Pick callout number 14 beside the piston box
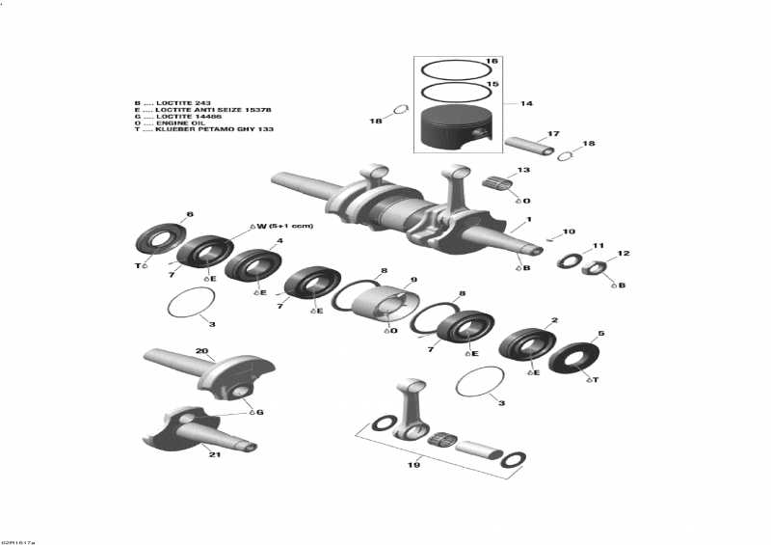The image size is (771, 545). tap(525, 103)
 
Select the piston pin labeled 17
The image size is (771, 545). tap(529, 145)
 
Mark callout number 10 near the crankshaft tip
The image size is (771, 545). tap(569, 232)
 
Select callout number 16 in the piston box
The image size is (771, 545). tap(492, 61)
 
